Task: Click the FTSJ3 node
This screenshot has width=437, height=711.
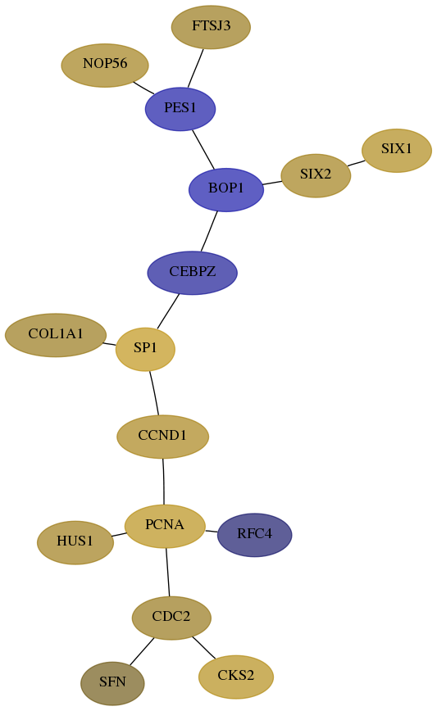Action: pyautogui.click(x=211, y=27)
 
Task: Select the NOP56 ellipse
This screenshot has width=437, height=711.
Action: pyautogui.click(x=105, y=66)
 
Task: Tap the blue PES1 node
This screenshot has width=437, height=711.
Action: pyautogui.click(x=180, y=109)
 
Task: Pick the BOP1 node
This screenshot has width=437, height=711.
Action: pyautogui.click(x=226, y=189)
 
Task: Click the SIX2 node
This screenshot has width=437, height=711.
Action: pyautogui.click(x=316, y=175)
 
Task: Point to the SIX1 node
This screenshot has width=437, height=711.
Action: pyautogui.click(x=397, y=151)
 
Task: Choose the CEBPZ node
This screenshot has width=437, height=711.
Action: pyautogui.click(x=193, y=273)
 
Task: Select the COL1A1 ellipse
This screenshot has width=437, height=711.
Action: pyautogui.click(x=56, y=335)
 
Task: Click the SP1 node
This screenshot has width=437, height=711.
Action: pyautogui.click(x=145, y=349)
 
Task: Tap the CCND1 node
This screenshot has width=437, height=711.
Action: pyautogui.click(x=163, y=437)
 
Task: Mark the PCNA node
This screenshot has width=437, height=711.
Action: pyautogui.click(x=165, y=526)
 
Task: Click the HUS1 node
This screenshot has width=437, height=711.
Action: pyautogui.click(x=75, y=542)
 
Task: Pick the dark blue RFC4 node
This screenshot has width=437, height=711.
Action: pyautogui.click(x=255, y=535)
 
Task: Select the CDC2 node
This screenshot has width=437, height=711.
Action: pyautogui.click(x=171, y=618)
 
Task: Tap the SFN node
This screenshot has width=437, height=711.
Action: pyautogui.click(x=112, y=683)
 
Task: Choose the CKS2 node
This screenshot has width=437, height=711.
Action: pyautogui.click(x=236, y=677)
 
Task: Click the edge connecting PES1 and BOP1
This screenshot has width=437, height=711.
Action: pyautogui.click(x=203, y=150)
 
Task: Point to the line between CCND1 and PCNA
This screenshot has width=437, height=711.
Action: pyautogui.click(x=163, y=482)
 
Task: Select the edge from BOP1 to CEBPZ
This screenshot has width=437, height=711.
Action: pyautogui.click(x=209, y=231)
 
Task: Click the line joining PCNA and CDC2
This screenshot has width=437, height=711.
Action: pyautogui.click(x=168, y=573)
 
